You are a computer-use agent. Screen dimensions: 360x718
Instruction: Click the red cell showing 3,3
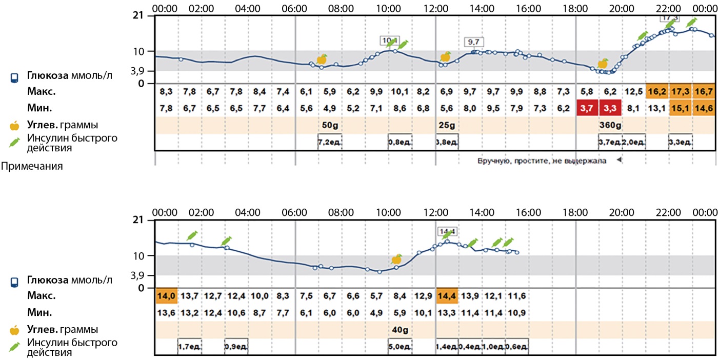click(610, 108)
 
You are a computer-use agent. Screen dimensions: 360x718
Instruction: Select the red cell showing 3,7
click(587, 108)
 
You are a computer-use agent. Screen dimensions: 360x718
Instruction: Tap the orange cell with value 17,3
click(681, 91)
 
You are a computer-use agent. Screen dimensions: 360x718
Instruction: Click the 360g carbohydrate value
click(610, 125)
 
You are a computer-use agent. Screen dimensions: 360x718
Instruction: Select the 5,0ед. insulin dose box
click(400, 347)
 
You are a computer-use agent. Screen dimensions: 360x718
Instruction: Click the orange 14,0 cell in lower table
click(166, 296)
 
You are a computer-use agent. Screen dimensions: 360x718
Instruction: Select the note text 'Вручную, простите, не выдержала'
click(542, 161)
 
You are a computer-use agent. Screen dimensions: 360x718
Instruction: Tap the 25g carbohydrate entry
click(444, 125)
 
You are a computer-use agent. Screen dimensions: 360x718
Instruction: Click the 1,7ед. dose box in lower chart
click(190, 347)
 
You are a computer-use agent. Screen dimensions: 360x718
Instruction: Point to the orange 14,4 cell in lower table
click(447, 296)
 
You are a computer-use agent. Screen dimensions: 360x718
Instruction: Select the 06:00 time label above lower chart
click(295, 212)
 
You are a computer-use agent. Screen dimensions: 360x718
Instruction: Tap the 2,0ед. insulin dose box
click(633, 142)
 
